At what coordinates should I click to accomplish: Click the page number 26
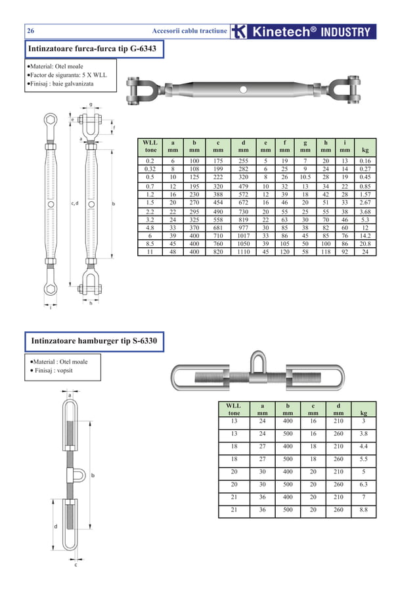pos(31,31)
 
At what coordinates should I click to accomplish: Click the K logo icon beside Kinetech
pos(240,32)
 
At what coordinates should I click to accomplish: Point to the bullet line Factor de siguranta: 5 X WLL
pos(67,75)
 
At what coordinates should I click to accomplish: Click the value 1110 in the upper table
pos(243,251)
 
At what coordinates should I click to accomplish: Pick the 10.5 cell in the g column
pos(305,177)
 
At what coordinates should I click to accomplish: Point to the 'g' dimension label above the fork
pos(91,104)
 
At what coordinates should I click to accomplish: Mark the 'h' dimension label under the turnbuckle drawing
pos(91,303)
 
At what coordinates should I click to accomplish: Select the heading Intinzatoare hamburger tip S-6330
pos(93,341)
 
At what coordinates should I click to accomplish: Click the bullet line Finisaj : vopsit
pos(56,371)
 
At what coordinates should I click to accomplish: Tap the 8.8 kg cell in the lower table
pos(364,510)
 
